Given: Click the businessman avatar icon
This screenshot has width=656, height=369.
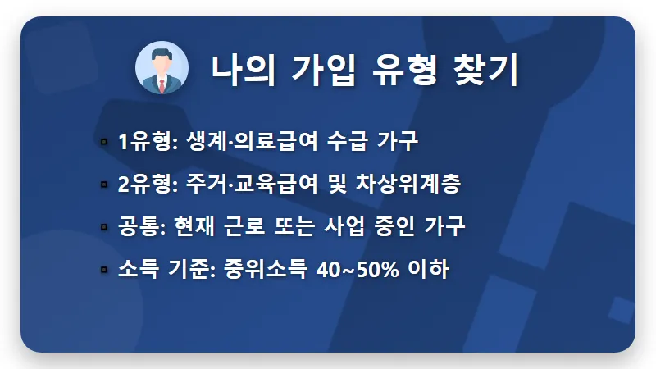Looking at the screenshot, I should pos(162,69).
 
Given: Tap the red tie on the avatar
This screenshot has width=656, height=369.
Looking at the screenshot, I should pos(162,84).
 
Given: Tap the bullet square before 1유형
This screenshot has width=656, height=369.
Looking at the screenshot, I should pos(104,143).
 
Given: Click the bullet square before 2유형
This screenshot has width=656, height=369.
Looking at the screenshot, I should pos(104,185).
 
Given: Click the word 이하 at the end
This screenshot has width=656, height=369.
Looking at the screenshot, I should pos(430,270).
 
